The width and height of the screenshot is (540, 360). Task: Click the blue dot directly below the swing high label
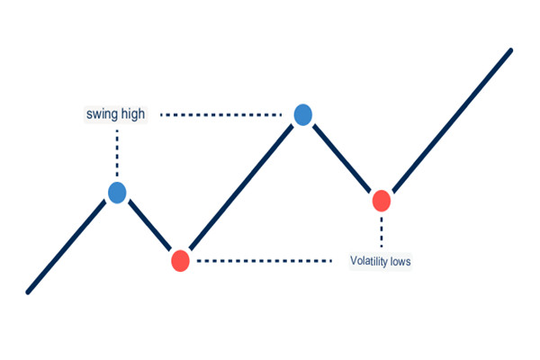117,192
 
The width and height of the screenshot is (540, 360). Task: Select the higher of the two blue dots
303,114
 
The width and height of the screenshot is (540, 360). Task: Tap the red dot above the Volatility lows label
381,201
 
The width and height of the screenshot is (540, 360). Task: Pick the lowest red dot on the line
180,261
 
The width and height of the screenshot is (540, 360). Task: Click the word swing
102,114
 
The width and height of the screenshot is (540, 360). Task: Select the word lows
401,262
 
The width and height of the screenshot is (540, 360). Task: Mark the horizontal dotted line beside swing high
225,115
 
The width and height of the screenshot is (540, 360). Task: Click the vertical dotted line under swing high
117,153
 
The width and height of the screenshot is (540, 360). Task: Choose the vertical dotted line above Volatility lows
381,231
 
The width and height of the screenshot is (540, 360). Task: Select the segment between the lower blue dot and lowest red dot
148,226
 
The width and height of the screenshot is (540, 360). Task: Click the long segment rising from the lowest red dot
241,188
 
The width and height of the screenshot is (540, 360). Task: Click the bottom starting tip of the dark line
29,291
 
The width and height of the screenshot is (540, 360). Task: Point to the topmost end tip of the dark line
510,50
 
